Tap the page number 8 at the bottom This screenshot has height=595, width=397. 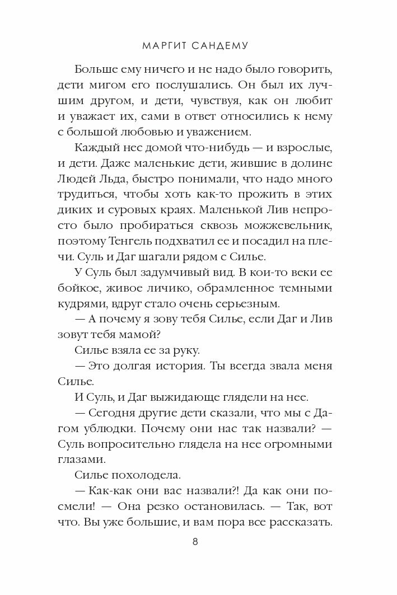click(x=194, y=542)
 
